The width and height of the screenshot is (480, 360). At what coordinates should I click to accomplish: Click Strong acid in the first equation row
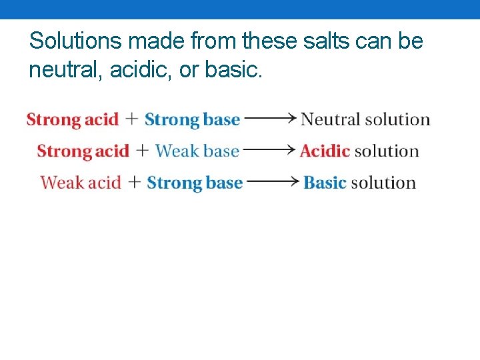click(x=72, y=120)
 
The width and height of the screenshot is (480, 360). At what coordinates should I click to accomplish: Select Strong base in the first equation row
click(x=192, y=120)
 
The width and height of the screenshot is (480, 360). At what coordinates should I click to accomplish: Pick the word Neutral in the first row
click(x=331, y=120)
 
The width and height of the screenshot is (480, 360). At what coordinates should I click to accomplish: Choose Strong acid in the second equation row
click(x=83, y=151)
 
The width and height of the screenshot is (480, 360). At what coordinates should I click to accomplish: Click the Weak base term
click(x=197, y=151)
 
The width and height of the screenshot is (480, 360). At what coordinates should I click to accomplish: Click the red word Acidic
click(x=325, y=151)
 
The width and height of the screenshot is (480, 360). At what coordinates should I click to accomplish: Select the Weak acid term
click(x=81, y=183)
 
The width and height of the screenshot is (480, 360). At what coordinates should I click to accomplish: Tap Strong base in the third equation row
click(x=195, y=183)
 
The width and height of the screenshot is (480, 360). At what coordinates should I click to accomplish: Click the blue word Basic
click(x=325, y=183)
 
